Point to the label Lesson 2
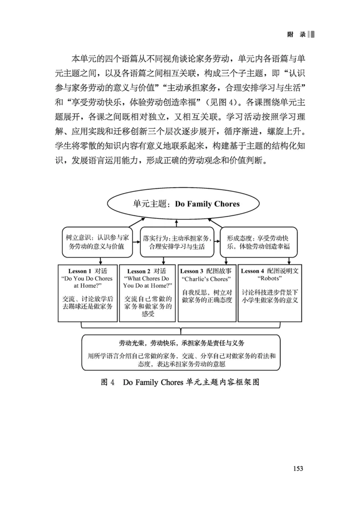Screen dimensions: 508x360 point(139,272)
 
